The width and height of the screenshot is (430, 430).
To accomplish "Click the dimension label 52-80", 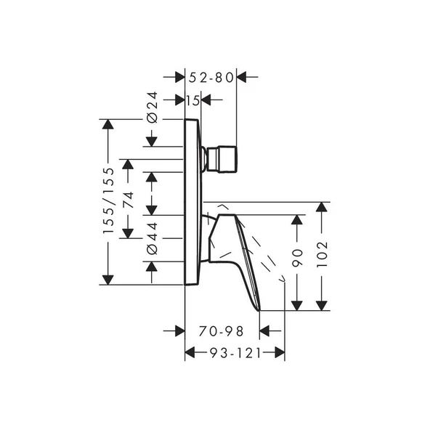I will (211, 76).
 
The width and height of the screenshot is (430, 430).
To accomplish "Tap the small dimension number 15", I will (192, 100).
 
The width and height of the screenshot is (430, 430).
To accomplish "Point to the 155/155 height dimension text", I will (108, 201).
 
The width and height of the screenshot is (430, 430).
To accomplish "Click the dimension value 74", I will (129, 201).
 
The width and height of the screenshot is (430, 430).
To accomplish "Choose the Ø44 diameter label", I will (152, 238).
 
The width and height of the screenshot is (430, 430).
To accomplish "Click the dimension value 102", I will (323, 255).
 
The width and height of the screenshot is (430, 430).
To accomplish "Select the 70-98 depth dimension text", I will (222, 331).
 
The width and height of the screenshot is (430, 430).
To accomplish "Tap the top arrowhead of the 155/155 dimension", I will (108, 124).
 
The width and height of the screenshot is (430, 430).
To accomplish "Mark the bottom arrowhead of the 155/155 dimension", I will (108, 278).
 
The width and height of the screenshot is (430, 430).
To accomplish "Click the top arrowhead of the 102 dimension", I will (323, 208).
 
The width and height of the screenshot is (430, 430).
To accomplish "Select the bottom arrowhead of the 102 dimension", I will (323, 304).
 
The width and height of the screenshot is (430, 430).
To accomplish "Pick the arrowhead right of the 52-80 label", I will (243, 76).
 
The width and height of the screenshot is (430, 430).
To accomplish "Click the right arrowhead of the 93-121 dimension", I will (279, 353).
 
